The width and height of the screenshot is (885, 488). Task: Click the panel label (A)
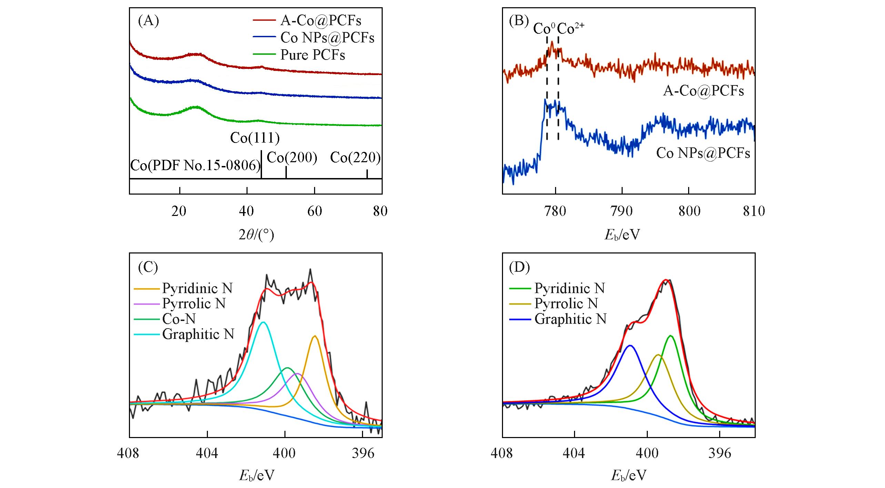[x=148, y=21]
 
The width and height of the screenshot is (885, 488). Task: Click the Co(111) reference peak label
[x=255, y=138]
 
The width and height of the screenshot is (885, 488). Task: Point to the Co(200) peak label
[x=292, y=158]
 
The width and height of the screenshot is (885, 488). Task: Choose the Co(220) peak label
[x=355, y=158]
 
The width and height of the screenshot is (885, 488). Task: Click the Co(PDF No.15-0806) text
[x=195, y=166]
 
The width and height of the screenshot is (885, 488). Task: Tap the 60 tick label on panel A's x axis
[x=314, y=211]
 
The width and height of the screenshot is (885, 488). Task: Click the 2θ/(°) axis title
[x=256, y=235]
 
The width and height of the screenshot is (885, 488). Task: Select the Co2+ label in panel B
[x=571, y=29]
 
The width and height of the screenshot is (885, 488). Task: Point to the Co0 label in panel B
[x=544, y=29]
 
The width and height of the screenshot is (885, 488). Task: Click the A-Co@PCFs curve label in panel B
[x=703, y=91]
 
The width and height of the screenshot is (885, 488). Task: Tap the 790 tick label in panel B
[x=622, y=211]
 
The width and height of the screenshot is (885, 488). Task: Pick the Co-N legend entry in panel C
[x=179, y=319]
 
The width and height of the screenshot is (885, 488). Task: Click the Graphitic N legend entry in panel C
[x=198, y=334]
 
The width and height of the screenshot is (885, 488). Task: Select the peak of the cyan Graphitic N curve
[x=263, y=322]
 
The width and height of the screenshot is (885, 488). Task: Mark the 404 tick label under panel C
[x=207, y=453]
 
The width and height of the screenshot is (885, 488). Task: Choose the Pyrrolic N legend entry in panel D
[x=566, y=304]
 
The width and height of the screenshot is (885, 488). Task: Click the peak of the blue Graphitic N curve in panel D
[x=630, y=345]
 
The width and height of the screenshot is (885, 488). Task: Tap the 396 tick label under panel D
[x=720, y=453]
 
